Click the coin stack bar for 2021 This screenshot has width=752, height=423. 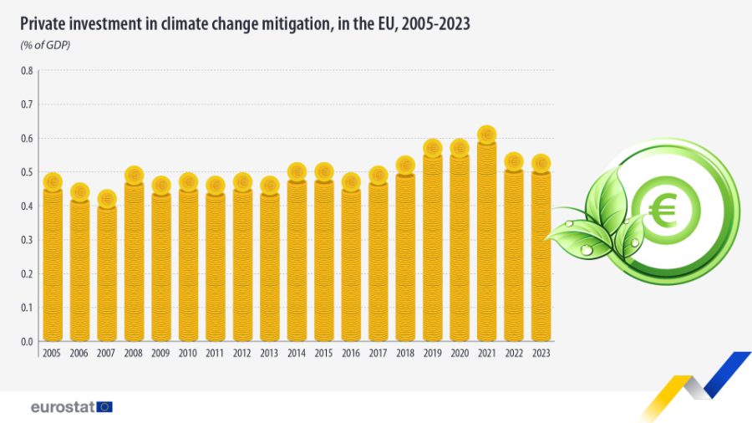(x=486, y=242)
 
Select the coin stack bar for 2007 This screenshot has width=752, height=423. (x=106, y=272)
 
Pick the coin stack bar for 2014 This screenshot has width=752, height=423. (x=297, y=259)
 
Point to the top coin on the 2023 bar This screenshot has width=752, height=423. (x=541, y=163)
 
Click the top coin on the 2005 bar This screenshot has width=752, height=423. (x=53, y=181)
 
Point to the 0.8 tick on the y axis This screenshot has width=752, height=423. (x=27, y=70)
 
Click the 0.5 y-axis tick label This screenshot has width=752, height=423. (x=27, y=172)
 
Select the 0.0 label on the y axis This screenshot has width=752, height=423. (x=27, y=341)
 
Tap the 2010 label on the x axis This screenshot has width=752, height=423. (x=188, y=354)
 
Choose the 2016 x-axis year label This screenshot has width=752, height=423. (x=351, y=354)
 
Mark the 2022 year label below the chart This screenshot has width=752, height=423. (x=513, y=354)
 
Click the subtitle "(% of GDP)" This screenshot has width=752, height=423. (x=45, y=44)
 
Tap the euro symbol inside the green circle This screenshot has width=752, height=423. (x=666, y=210)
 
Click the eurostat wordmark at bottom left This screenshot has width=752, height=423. (x=62, y=407)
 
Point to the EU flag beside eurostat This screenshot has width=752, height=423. (x=104, y=407)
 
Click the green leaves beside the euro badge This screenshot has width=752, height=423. (x=597, y=222)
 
